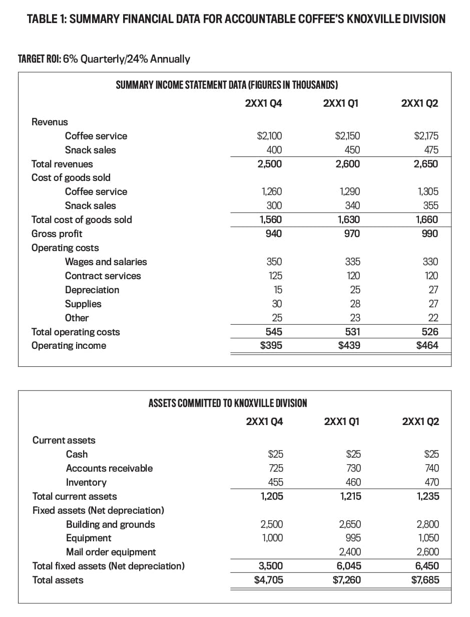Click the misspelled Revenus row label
[50, 122]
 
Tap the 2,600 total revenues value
[348, 164]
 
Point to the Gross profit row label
[57, 234]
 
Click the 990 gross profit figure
[429, 234]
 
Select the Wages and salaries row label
[106, 262]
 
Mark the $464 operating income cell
[427, 346]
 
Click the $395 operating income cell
[271, 346]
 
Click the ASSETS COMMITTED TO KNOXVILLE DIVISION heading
[228, 403]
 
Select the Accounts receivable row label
[110, 468]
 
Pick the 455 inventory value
[275, 482]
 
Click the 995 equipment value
[353, 538]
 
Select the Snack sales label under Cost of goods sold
[90, 205]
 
